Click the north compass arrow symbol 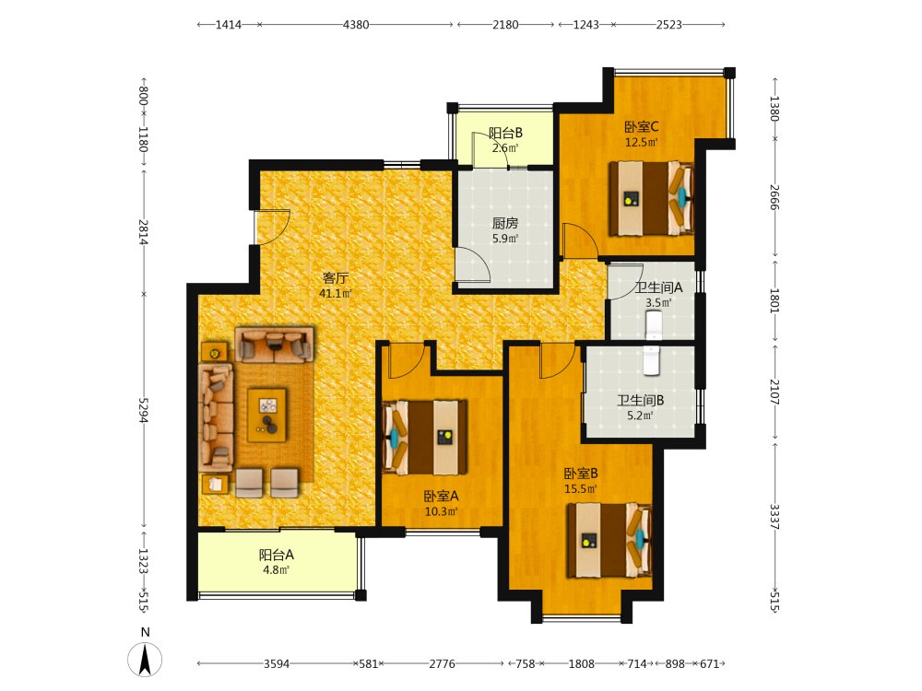(145, 660)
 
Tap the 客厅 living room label (336, 277)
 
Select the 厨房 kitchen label (505, 223)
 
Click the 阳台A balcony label (277, 555)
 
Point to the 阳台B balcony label (505, 133)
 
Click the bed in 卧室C (651, 198)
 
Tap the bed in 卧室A (425, 437)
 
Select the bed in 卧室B (609, 540)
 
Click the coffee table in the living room (267, 415)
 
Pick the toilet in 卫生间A (654, 325)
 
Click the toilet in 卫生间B (652, 361)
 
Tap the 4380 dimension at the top (356, 25)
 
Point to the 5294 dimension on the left (143, 410)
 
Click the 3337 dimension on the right (775, 517)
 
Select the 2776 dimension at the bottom (443, 663)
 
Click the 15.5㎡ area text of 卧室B (581, 489)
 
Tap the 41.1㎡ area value (336, 293)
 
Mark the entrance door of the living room (273, 227)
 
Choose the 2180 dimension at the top (505, 25)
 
